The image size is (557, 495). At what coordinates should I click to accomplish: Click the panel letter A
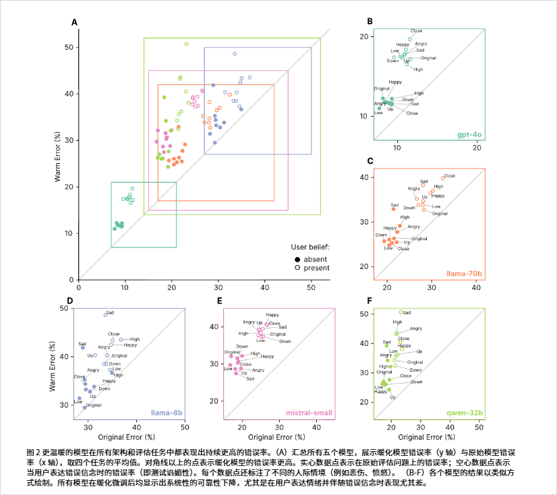click(75, 23)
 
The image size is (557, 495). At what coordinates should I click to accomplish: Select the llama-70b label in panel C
click(465, 274)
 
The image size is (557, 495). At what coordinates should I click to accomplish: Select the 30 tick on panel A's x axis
click(218, 287)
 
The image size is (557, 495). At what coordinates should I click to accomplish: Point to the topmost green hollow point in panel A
click(187, 44)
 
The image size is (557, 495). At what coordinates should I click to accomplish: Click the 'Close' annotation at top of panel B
click(416, 31)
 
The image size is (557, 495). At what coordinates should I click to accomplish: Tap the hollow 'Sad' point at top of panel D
click(105, 315)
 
